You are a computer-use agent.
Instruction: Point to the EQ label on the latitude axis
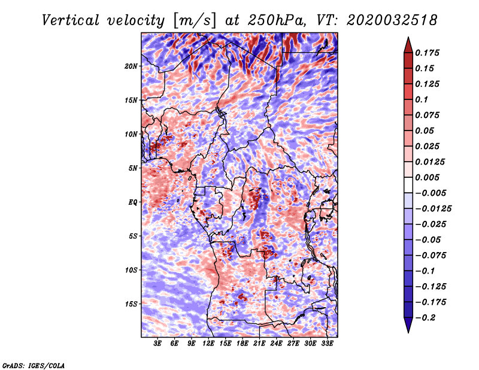pyautogui.click(x=133, y=202)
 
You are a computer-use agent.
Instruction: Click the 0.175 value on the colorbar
pyautogui.click(x=429, y=53)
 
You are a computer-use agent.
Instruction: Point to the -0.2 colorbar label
pyautogui.click(x=429, y=317)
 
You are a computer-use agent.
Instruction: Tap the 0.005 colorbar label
pyautogui.click(x=429, y=177)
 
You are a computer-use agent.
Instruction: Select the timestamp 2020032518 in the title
pyautogui.click(x=386, y=20)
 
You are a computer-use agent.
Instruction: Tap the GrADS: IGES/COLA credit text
pyautogui.click(x=34, y=365)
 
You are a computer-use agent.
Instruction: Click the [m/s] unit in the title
pyautogui.click(x=190, y=20)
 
